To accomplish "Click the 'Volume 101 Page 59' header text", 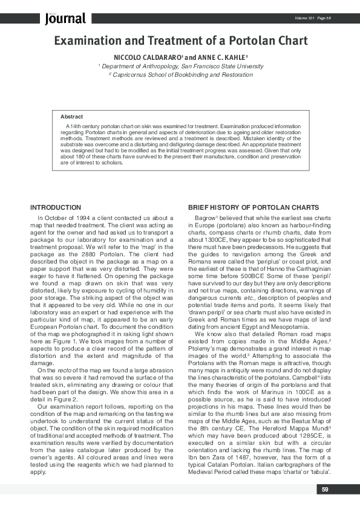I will (312, 18).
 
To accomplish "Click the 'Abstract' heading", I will (71, 116).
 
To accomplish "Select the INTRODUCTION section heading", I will (56, 207).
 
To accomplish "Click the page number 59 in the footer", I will (325, 489).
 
